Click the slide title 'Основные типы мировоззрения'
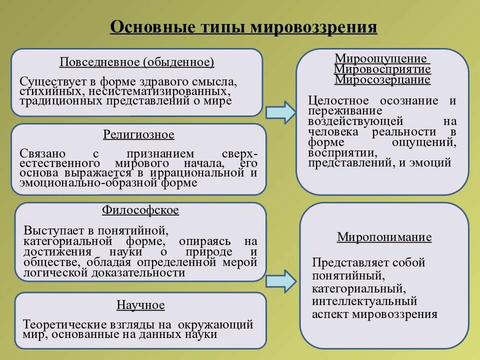click(x=243, y=26)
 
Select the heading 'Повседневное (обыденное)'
click(x=136, y=62)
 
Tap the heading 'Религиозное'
click(x=138, y=134)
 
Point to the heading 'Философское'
click(x=140, y=210)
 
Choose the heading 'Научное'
click(x=140, y=305)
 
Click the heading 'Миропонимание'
click(x=384, y=236)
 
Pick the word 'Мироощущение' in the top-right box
click(x=380, y=58)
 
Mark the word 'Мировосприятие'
click(x=382, y=69)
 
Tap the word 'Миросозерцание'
click(x=382, y=79)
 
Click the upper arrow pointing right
click(x=280, y=112)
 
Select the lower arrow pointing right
click(x=280, y=280)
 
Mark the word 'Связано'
click(x=40, y=153)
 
